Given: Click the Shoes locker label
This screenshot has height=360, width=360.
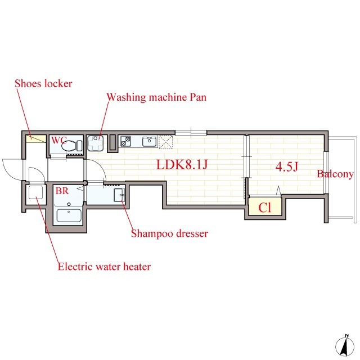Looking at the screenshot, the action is (x=43, y=84).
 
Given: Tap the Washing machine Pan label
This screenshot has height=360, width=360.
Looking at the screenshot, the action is (x=156, y=97).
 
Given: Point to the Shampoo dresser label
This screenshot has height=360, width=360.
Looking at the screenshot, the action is (x=169, y=234).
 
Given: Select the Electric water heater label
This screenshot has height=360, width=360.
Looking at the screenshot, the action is (x=104, y=267).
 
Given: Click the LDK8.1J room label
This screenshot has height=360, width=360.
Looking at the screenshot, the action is (x=182, y=164).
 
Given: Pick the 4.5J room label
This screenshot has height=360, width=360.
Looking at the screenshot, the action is (x=287, y=166).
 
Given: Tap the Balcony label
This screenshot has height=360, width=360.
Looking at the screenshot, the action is (x=335, y=174).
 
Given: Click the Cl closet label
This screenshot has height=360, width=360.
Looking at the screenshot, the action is (x=265, y=208).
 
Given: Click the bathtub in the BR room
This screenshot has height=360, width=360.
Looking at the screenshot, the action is (x=69, y=215).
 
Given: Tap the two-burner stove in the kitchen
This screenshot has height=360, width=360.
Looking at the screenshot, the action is (x=126, y=141).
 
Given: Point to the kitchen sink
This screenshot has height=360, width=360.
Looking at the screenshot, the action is (x=149, y=141).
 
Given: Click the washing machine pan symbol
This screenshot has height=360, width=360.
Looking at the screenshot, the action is (x=95, y=143).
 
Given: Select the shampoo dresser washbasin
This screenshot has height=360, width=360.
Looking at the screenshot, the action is (x=119, y=195).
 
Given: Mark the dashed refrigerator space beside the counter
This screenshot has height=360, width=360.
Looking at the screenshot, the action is (x=165, y=142).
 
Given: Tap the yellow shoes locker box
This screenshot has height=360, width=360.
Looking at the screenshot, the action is (x=35, y=139).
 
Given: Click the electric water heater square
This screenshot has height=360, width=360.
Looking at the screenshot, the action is (x=35, y=192).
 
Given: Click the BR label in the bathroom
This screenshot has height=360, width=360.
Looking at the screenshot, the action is (x=62, y=191).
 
